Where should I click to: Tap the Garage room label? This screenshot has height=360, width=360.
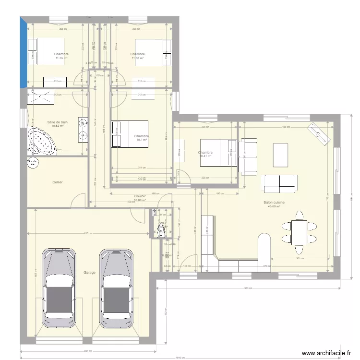(x=89, y=272)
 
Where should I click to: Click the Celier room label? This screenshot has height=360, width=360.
(x=58, y=182)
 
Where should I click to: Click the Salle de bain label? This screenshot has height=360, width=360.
(x=57, y=122)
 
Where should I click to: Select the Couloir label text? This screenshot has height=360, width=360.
(x=140, y=196)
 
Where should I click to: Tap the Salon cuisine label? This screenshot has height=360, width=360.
(x=274, y=203)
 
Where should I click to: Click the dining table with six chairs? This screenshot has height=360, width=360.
(x=299, y=232)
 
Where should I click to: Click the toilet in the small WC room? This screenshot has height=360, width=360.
(x=160, y=231)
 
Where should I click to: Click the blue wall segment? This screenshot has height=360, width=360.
(x=23, y=53)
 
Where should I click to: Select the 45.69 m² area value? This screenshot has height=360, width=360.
(x=274, y=207)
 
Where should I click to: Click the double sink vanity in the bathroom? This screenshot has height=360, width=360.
(x=84, y=130)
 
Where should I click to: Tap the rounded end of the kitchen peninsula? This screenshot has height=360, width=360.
(x=264, y=239)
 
